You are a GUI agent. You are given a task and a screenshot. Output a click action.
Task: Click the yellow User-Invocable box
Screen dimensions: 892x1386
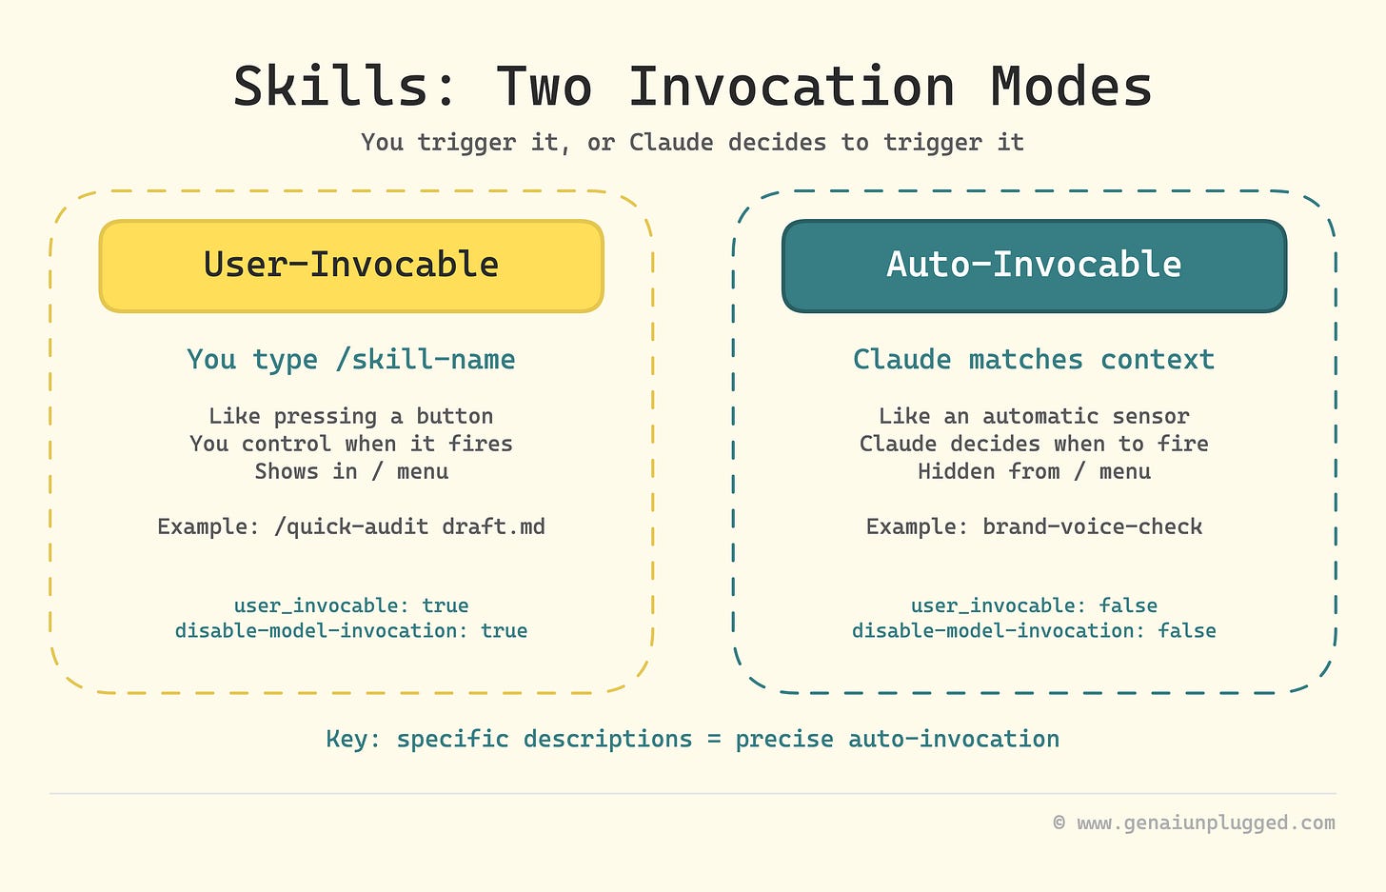(351, 266)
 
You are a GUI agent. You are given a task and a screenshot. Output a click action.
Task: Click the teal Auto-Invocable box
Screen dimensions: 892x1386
(1034, 266)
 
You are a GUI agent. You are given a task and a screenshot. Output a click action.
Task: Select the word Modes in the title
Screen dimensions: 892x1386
(1071, 87)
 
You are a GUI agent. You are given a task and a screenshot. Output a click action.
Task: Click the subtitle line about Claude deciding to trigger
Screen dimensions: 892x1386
(692, 143)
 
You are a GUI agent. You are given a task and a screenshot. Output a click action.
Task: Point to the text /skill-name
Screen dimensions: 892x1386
(426, 360)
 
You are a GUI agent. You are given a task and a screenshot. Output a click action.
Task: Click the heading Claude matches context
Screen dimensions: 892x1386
(1034, 360)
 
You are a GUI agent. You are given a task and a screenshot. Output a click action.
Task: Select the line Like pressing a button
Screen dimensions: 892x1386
(351, 416)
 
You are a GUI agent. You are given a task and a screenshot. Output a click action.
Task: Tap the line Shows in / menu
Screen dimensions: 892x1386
(351, 471)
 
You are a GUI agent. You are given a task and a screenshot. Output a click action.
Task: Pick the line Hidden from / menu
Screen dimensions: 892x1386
(1034, 471)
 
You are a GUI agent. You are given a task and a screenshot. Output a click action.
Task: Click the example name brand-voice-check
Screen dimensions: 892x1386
(1092, 526)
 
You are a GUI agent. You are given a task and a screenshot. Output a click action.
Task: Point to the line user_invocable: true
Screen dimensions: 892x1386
(351, 605)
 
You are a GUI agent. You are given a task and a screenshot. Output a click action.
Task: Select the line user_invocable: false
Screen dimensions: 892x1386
(1034, 605)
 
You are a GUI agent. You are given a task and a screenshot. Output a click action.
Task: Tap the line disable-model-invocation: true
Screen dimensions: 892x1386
(351, 630)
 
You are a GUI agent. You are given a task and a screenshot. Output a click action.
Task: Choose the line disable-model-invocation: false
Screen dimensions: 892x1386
(1034, 630)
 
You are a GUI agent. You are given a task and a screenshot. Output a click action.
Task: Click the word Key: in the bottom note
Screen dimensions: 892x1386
(352, 740)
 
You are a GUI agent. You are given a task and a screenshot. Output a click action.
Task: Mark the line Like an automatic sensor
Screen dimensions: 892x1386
(1034, 416)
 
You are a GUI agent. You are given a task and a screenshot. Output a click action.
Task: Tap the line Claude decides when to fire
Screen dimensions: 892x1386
(1034, 444)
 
